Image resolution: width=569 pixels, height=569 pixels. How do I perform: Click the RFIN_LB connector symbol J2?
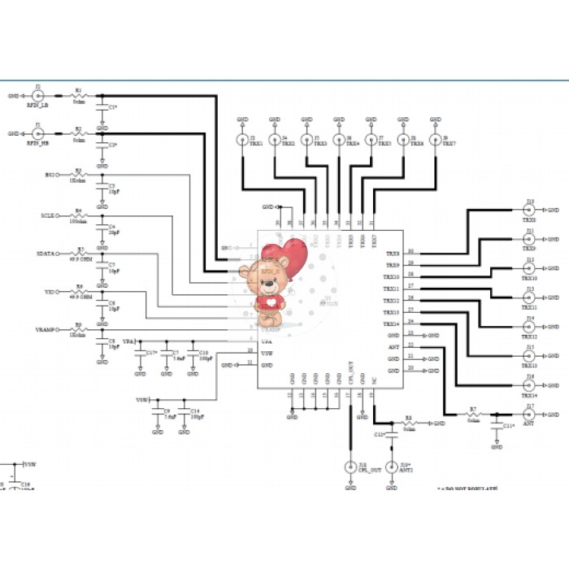tap(37, 95)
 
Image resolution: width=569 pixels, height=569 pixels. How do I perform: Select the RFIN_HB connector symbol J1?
tap(37, 133)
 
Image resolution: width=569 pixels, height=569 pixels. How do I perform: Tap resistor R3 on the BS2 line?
tap(79, 175)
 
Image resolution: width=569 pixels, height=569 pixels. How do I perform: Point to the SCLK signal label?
tap(48, 216)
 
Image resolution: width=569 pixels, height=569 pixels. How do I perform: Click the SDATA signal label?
tap(46, 254)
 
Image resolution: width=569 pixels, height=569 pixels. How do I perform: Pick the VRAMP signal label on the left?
tap(46, 329)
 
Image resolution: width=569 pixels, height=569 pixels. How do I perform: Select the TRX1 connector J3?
tap(242, 141)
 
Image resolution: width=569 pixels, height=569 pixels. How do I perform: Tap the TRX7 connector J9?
tap(436, 141)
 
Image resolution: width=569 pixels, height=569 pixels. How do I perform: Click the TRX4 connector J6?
tap(338, 141)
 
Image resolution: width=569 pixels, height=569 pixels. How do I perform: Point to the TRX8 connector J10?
tap(529, 209)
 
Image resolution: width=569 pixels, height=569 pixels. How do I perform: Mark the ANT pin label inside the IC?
tap(393, 346)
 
